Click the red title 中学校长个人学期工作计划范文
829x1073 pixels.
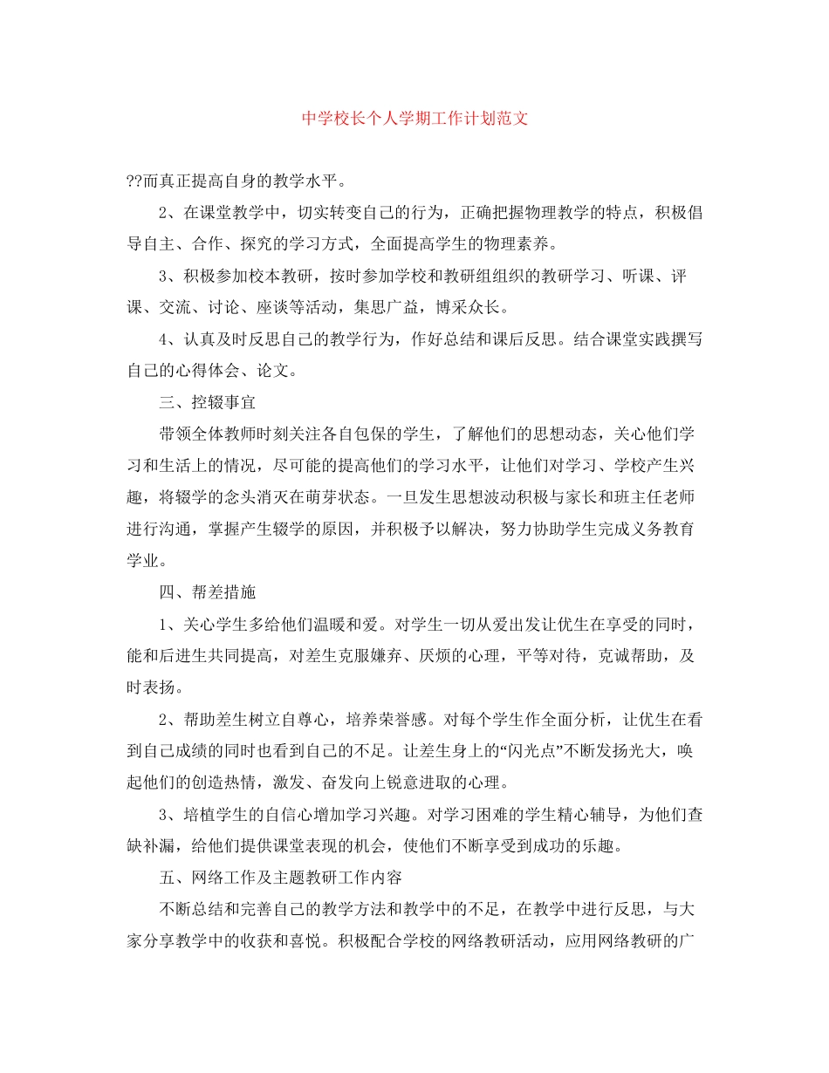pos(414,119)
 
